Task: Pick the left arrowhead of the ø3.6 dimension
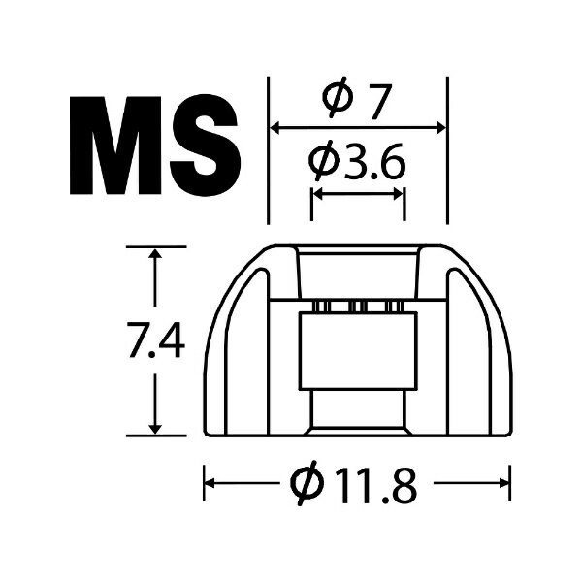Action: pos(316,193)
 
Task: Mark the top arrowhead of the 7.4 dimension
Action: pos(154,253)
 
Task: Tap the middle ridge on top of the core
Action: pos(356,307)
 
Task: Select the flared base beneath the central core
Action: pos(356,412)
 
